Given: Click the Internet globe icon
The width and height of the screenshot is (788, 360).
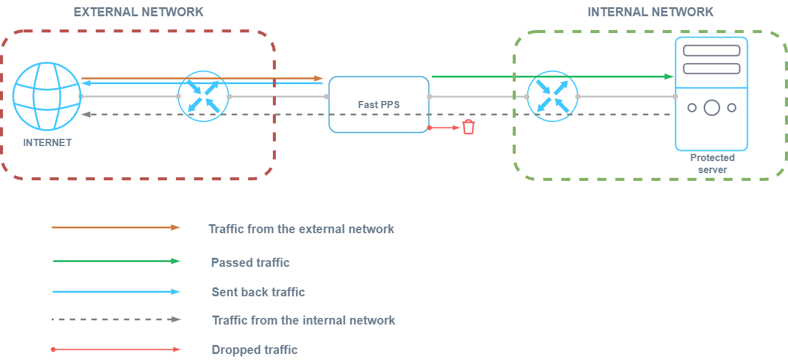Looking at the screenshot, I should [47, 97].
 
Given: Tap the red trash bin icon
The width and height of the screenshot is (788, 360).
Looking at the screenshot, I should [468, 127].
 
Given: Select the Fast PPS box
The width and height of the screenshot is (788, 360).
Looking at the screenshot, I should [379, 104].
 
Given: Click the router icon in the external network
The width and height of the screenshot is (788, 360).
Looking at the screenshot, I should [203, 96].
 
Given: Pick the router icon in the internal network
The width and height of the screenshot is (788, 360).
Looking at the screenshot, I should [552, 96].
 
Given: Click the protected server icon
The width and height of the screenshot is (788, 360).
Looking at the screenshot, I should [711, 93].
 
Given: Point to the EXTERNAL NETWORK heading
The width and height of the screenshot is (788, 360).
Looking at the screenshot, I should [138, 12].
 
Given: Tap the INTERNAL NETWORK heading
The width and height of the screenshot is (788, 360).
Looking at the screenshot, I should [650, 12].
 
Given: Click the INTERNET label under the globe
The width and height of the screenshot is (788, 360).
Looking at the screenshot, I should [47, 142].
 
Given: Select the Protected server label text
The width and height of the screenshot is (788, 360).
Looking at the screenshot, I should [712, 163].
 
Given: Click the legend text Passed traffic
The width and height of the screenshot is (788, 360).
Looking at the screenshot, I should [250, 263].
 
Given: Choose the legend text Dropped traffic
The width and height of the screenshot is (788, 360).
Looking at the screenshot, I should [254, 350].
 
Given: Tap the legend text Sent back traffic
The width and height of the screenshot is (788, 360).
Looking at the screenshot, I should [258, 292].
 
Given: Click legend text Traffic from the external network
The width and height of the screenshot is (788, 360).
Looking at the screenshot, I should [301, 229].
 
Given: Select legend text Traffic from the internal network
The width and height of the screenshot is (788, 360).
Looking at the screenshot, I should [304, 320].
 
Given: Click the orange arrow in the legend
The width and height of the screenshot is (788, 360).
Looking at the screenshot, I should [116, 228].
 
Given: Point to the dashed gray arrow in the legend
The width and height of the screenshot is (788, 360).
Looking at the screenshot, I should [116, 319].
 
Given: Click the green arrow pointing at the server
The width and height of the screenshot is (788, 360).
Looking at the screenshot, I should [552, 76].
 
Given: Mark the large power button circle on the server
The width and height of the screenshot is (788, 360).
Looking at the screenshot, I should [712, 108].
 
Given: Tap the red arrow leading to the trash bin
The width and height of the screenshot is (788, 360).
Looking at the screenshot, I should [445, 127].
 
